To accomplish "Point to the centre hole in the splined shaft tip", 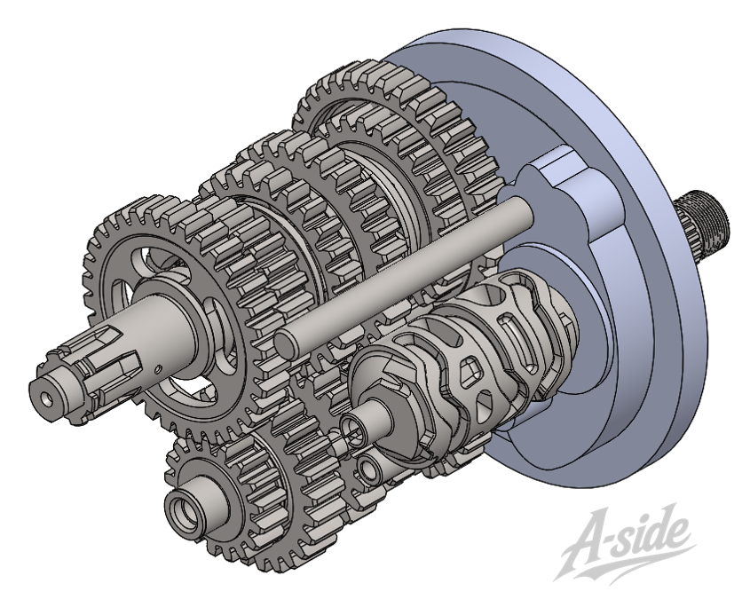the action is (x=46, y=398).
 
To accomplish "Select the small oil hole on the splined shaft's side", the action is (x=156, y=368).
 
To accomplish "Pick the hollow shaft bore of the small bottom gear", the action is (x=183, y=509).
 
